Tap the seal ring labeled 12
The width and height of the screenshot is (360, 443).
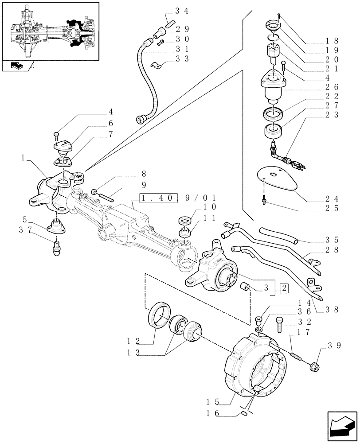coord(158,315)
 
